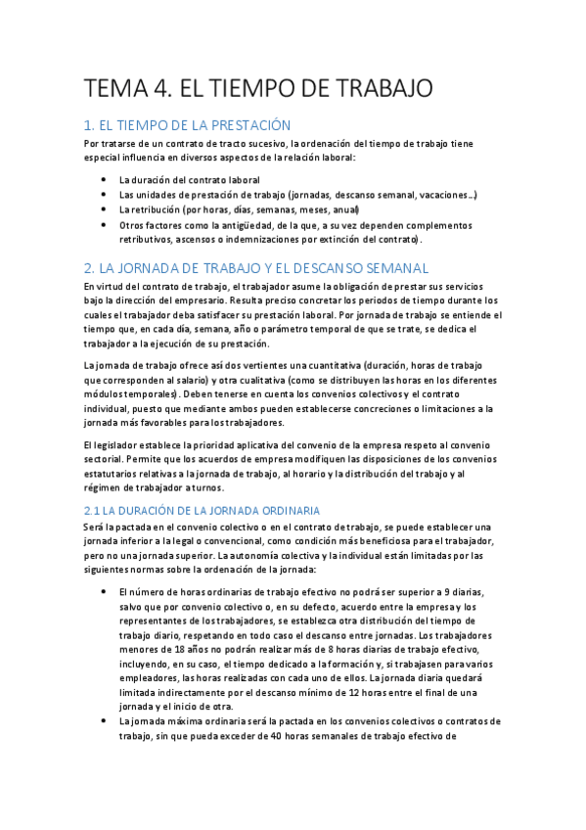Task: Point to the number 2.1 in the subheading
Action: (x=94, y=511)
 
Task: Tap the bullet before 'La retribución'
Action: (x=105, y=209)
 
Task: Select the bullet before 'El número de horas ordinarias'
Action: (x=105, y=593)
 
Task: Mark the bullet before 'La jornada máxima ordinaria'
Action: (x=105, y=722)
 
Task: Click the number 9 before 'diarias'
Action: (x=443, y=593)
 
